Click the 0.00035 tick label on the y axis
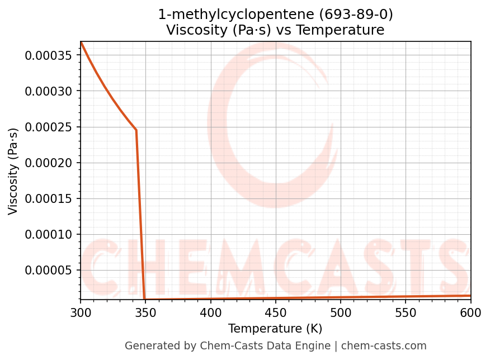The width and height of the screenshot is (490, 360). tap(49, 55)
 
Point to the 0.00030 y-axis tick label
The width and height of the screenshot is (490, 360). tap(49, 91)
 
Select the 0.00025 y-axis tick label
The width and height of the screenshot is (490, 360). tap(49, 127)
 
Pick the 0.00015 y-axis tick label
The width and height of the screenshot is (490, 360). tap(49, 198)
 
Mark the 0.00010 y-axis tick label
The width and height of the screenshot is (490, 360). tap(49, 234)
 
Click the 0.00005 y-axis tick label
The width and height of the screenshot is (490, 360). tap(49, 270)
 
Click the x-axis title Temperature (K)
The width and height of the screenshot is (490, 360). tap(275, 329)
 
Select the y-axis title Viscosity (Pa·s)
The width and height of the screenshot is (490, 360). tap(13, 170)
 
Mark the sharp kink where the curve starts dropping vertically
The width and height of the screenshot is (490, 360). tap(136, 130)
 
